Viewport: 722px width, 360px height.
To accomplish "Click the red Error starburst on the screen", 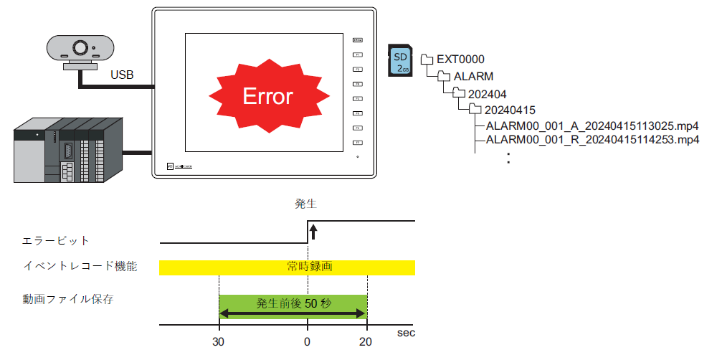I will [x=267, y=96].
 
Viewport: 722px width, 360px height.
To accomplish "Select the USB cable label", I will [x=122, y=75].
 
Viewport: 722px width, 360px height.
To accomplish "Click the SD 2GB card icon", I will [x=400, y=60].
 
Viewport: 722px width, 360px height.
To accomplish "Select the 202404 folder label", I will [x=488, y=93].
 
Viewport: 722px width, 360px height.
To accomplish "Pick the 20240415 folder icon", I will [x=475, y=109].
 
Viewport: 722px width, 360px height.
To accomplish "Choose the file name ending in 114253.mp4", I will [x=592, y=140].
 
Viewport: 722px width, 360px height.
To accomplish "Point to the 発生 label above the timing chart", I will [x=306, y=204].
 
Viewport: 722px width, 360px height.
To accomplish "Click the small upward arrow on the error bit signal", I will [x=313, y=232].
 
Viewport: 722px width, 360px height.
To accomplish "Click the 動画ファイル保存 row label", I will [x=68, y=298].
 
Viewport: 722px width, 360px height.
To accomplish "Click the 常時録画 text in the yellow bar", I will [x=306, y=267].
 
